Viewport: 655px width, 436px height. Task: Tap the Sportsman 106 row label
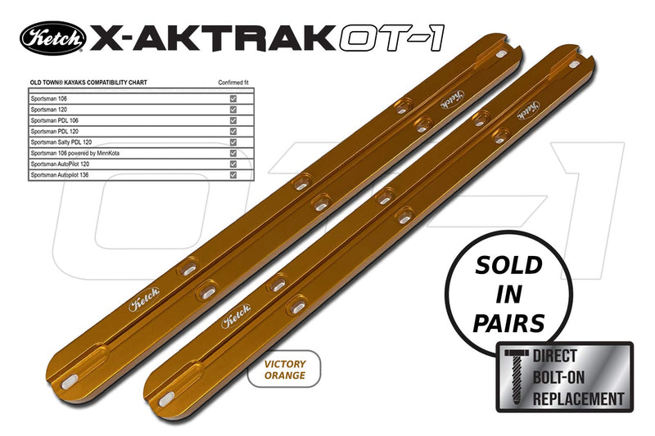click(x=49, y=98)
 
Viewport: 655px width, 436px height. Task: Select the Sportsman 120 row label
click(x=49, y=109)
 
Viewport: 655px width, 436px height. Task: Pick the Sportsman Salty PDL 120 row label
click(x=62, y=142)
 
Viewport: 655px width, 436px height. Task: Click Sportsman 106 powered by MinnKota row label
click(x=79, y=153)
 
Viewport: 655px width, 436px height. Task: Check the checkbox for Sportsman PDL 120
click(x=234, y=131)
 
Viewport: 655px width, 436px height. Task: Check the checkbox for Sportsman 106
click(x=234, y=98)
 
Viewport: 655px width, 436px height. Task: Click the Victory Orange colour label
click(x=284, y=369)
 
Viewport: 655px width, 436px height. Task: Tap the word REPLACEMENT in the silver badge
click(x=578, y=399)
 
